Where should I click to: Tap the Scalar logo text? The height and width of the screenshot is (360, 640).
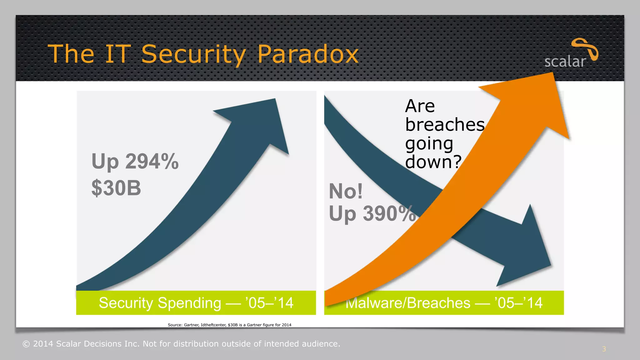(565, 62)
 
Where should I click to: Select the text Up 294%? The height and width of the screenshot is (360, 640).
(135, 162)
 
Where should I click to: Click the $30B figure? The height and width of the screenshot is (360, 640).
(116, 188)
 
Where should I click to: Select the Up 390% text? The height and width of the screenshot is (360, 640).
(372, 214)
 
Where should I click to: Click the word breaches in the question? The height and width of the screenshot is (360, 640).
(445, 124)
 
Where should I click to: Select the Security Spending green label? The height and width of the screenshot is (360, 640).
(196, 303)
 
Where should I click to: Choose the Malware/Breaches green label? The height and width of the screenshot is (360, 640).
(444, 303)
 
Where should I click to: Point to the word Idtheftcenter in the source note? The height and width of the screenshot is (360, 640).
(213, 325)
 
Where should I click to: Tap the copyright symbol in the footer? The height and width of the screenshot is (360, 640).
(26, 344)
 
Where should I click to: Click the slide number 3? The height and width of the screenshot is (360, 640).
(604, 349)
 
